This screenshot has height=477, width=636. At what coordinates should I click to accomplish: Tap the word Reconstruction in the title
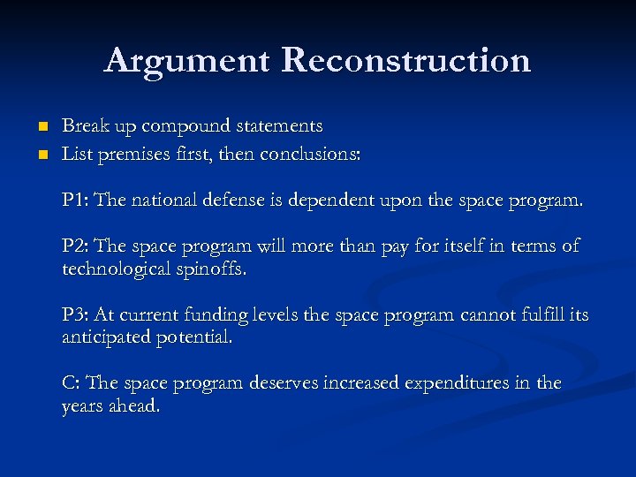click(x=406, y=60)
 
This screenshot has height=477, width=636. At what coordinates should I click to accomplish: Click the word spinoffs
click(x=213, y=269)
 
